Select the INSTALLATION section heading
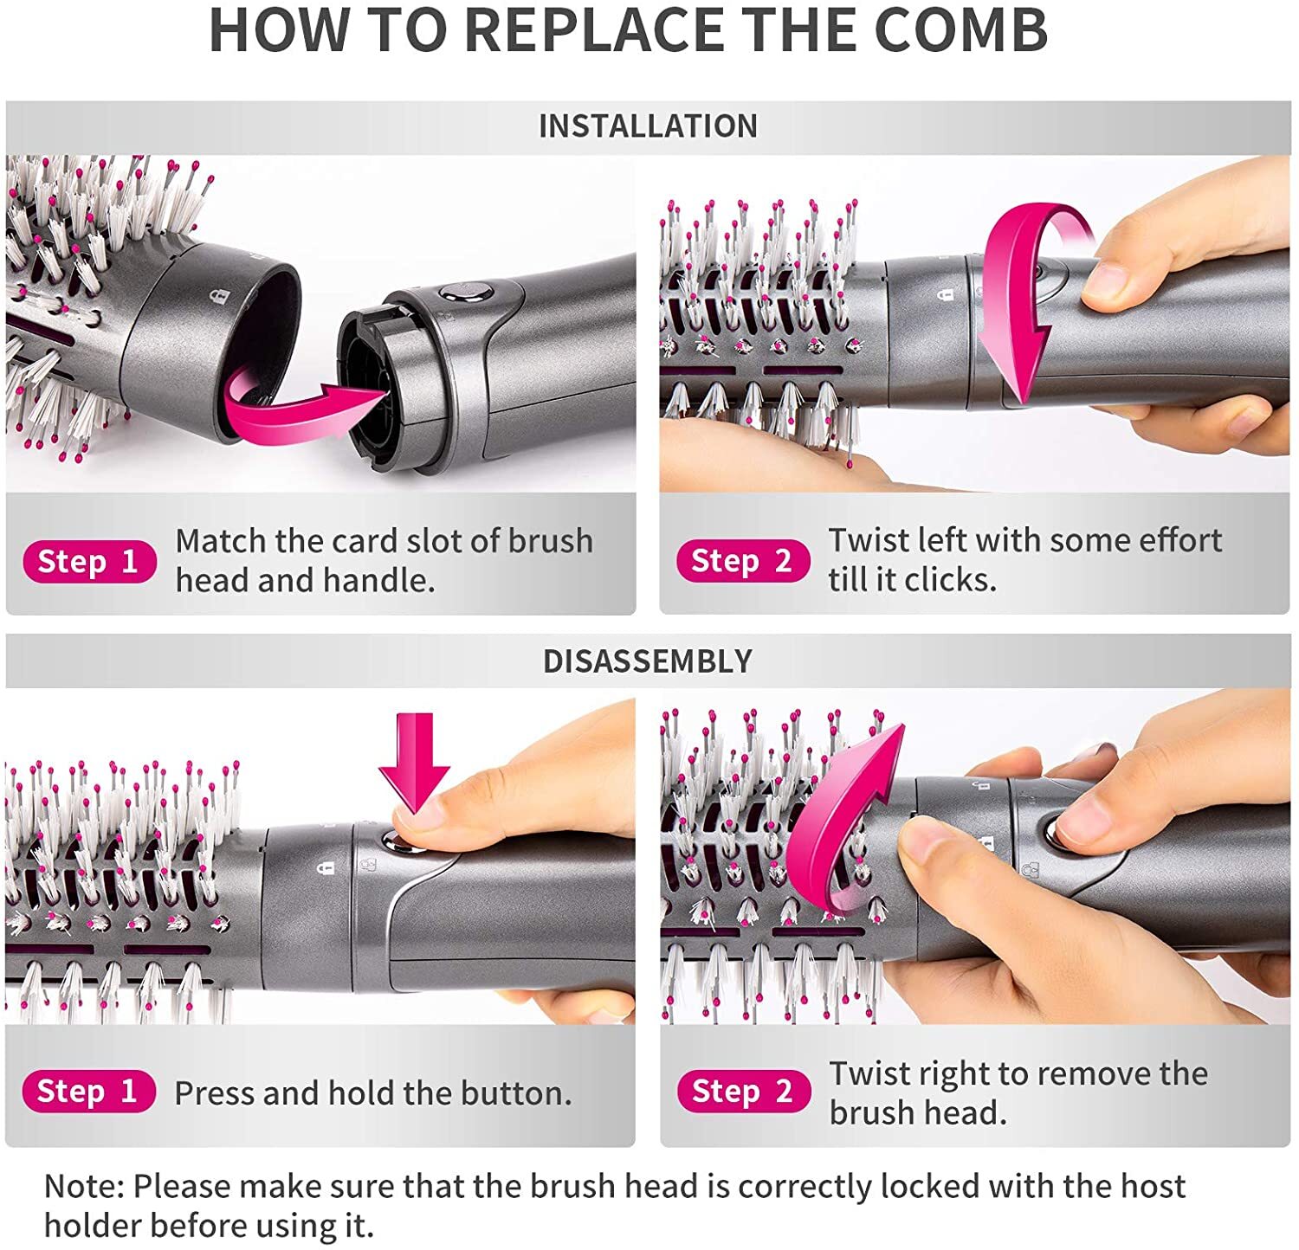tap(648, 126)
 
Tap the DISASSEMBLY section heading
tap(648, 661)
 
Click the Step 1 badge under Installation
tap(89, 562)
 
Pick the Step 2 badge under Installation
tap(742, 561)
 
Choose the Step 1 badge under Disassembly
tap(89, 1092)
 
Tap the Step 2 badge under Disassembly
tap(743, 1092)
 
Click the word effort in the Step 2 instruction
tap(1179, 540)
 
